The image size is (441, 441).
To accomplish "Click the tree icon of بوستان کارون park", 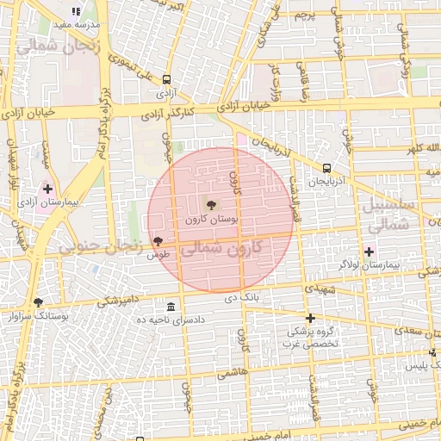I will click(210, 204).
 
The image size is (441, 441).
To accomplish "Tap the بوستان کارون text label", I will click(211, 220).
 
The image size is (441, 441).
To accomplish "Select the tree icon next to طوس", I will click(157, 242).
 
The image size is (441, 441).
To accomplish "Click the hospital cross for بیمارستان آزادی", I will click(47, 188).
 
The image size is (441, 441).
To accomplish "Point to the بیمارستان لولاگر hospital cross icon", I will click(369, 252).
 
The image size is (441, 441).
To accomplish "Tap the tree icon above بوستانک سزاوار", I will click(37, 302).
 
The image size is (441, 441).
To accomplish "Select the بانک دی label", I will click(242, 299).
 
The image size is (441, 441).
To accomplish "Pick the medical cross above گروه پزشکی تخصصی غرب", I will click(310, 319).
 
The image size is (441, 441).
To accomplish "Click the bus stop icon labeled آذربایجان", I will click(327, 168).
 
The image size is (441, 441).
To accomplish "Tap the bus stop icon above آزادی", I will click(165, 79).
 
